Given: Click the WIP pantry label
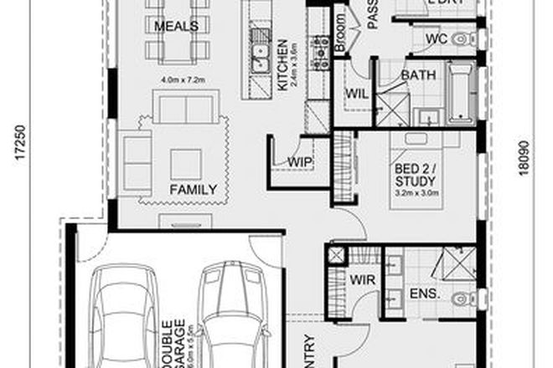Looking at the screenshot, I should click(299, 160).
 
